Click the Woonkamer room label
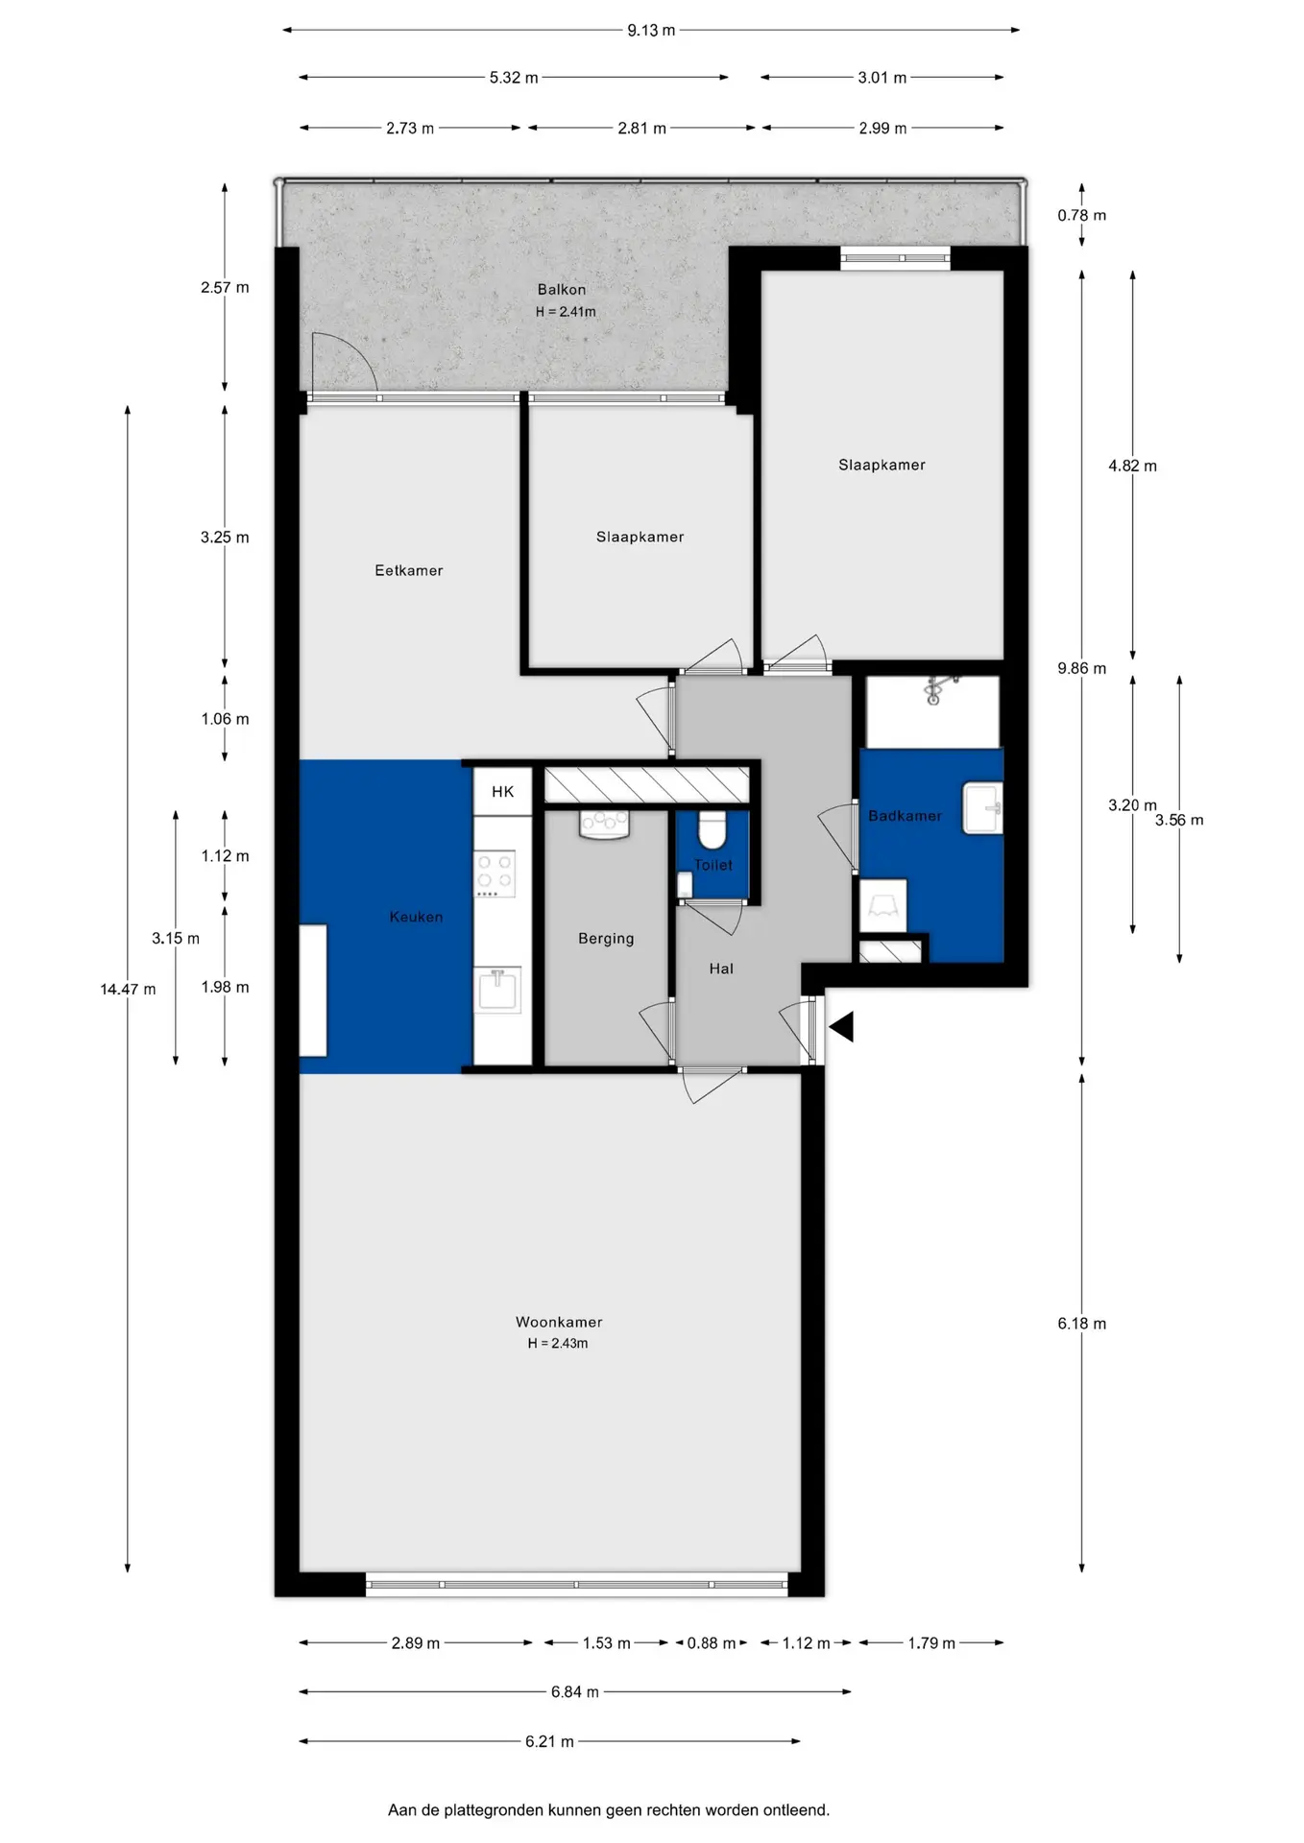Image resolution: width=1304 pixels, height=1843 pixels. (559, 1322)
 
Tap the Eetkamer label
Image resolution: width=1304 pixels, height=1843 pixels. (409, 570)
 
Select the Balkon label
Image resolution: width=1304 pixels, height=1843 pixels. (562, 289)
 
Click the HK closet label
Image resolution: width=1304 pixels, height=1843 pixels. (503, 792)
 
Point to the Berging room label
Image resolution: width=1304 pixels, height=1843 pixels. (606, 939)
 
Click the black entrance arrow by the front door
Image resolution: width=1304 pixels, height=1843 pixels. (843, 1027)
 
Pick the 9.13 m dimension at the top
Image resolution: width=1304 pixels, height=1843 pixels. (651, 31)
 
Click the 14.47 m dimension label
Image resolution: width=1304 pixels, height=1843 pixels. (128, 989)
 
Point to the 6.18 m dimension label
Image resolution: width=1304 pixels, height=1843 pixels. (1082, 1323)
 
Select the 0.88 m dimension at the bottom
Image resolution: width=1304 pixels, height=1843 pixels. (712, 1643)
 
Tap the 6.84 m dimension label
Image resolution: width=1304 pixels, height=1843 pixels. (575, 1691)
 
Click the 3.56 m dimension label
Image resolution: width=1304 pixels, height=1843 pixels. (1179, 820)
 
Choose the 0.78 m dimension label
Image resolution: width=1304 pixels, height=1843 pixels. (1082, 215)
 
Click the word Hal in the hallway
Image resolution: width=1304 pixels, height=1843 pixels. (721, 969)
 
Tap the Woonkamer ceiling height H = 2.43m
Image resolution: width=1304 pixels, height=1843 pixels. (558, 1344)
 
